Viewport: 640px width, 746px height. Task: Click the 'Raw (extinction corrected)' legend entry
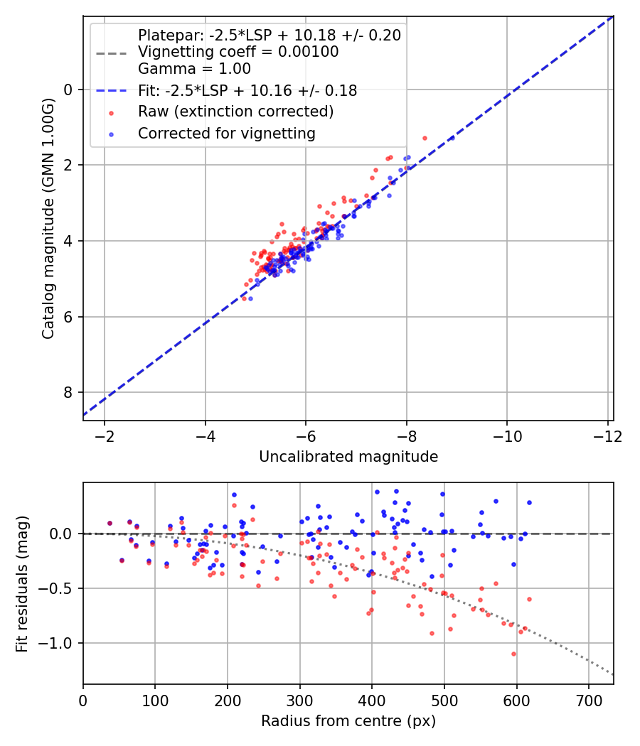235,112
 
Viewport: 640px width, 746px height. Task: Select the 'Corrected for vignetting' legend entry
227,133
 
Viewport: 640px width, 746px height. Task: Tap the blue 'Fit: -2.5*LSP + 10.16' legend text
247,90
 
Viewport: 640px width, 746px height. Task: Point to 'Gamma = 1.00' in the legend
194,69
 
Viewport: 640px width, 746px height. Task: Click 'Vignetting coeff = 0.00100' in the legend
238,52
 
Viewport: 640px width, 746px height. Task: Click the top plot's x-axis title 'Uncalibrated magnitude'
348,456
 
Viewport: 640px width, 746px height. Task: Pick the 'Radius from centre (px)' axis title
348,721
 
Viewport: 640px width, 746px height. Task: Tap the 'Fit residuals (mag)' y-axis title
22,583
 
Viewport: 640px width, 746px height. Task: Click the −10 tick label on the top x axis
506,436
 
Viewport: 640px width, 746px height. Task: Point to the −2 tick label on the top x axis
105,436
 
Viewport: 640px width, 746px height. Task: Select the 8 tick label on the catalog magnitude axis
68,392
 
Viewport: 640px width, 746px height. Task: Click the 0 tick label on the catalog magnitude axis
68,90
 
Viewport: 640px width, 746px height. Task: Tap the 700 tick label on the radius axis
588,700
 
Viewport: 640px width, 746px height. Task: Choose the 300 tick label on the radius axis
299,700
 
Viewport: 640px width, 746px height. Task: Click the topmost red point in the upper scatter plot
425,138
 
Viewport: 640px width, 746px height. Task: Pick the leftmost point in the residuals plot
110,523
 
